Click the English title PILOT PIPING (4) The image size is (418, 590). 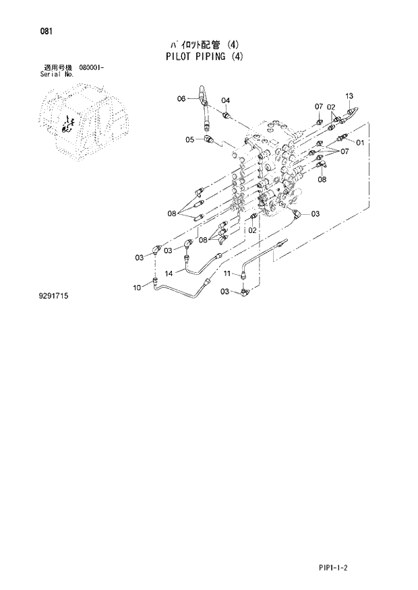pos(203,57)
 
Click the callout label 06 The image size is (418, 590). pos(181,99)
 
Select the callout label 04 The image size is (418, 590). pos(226,100)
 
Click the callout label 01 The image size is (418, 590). pos(359,143)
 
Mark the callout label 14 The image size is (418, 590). pos(169,273)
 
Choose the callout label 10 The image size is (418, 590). pos(137,288)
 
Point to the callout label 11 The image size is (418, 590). pos(227,273)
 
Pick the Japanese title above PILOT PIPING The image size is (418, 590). pos(203,45)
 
